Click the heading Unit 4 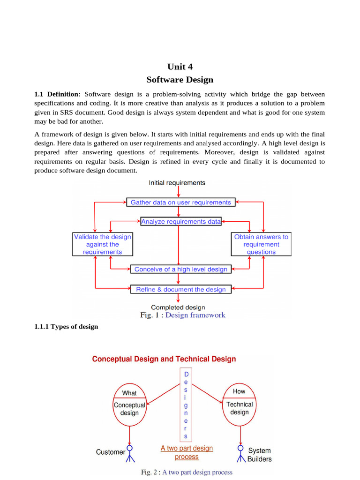click(x=180, y=67)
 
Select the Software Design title click(x=180, y=80)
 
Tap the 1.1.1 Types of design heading click(x=66, y=326)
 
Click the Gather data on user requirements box click(x=180, y=202)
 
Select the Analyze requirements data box click(x=181, y=221)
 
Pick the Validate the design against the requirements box click(x=103, y=244)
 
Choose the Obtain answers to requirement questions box click(x=261, y=244)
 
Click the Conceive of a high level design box click(x=180, y=269)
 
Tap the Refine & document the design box click(x=180, y=290)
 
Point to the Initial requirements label click(x=177, y=183)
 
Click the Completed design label click(x=178, y=307)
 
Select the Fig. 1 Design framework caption click(x=183, y=315)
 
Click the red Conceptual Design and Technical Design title click(x=164, y=359)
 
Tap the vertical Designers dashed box click(x=186, y=405)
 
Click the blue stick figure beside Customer click(x=130, y=452)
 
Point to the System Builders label click(x=259, y=455)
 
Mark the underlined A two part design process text click(x=187, y=452)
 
